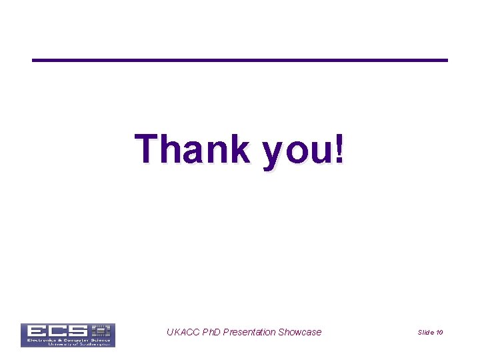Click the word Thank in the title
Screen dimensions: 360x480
(192, 149)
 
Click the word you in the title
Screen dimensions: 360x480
(298, 151)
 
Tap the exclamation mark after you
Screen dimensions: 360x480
(340, 148)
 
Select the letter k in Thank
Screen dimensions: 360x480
(238, 148)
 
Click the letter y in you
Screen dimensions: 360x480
(274, 153)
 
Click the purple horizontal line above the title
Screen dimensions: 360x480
(240, 61)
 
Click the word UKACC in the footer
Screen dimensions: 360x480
(182, 332)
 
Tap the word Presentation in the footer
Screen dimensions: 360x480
(249, 332)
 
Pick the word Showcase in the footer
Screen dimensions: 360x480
(299, 332)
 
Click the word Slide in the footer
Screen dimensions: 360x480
(426, 332)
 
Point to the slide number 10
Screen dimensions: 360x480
(439, 332)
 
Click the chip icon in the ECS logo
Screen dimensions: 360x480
(101, 330)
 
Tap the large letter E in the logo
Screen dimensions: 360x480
(35, 330)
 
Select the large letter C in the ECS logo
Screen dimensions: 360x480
(57, 330)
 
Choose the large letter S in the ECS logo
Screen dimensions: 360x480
(79, 330)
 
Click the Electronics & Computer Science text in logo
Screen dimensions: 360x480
(67, 339)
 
